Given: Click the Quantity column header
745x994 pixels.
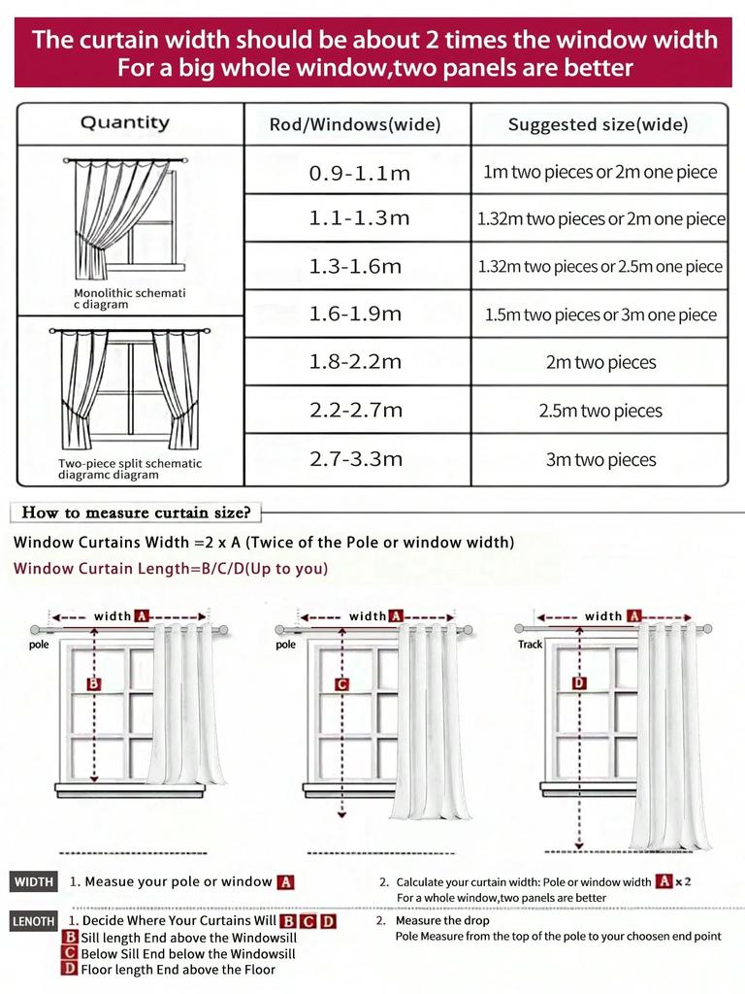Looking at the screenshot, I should pyautogui.click(x=124, y=122).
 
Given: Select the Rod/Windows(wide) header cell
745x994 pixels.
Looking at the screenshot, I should pyautogui.click(x=355, y=124).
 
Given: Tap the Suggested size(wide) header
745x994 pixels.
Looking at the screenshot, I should pyautogui.click(x=598, y=124).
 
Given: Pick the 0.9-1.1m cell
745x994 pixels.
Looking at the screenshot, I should pyautogui.click(x=359, y=173).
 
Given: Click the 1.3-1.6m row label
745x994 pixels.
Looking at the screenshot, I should pyautogui.click(x=355, y=266).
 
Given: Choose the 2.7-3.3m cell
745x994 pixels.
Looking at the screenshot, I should pyautogui.click(x=355, y=459).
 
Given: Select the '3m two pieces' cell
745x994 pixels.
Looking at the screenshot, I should pyautogui.click(x=600, y=459).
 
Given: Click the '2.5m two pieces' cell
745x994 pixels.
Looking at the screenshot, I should pyautogui.click(x=600, y=411).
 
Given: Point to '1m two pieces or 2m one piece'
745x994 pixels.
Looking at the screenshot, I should pyautogui.click(x=600, y=172).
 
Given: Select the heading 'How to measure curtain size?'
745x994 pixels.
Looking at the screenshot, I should pyautogui.click(x=136, y=513).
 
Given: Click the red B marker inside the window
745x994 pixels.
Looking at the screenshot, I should pyautogui.click(x=94, y=684).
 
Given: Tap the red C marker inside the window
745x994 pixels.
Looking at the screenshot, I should pyautogui.click(x=341, y=684).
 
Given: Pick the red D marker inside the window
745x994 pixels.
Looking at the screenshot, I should pyautogui.click(x=579, y=683).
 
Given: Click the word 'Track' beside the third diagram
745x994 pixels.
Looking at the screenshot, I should pyautogui.click(x=531, y=645).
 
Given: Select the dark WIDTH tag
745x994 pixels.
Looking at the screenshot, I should pyautogui.click(x=33, y=882).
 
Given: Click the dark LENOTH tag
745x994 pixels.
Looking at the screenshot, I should pyautogui.click(x=34, y=921).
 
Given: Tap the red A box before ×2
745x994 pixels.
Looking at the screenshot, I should pyautogui.click(x=664, y=881).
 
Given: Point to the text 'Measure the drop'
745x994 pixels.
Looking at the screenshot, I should pyautogui.click(x=442, y=920).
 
